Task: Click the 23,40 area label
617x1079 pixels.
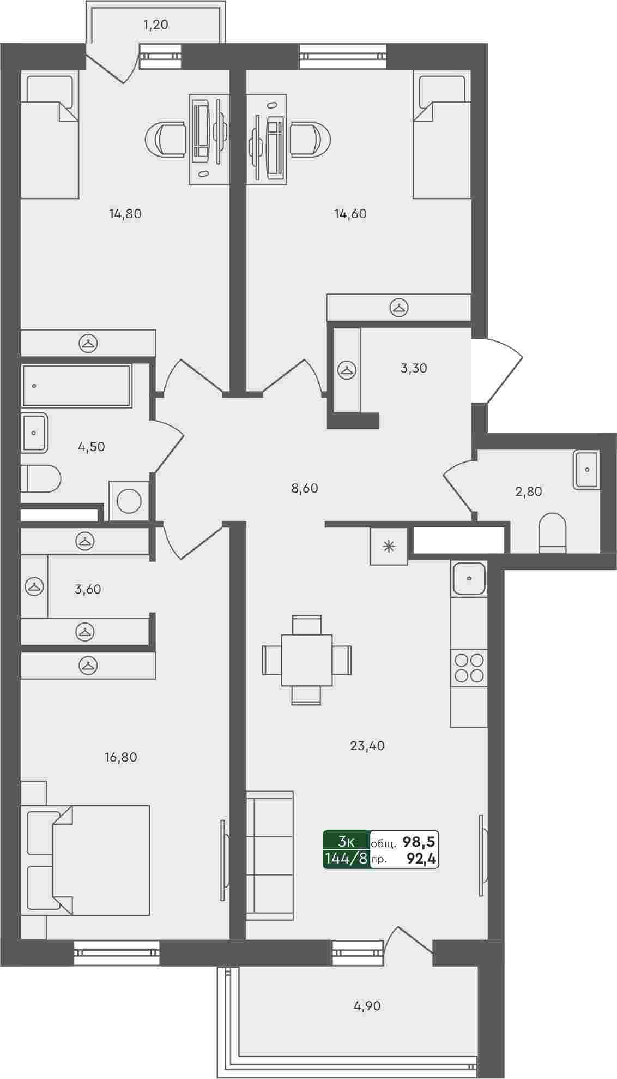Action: tap(367, 746)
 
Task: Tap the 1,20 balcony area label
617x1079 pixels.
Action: tap(156, 25)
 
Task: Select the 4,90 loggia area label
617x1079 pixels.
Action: tap(367, 1005)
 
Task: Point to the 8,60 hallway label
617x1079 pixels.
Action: tap(305, 488)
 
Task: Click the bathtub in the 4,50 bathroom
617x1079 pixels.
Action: tap(77, 386)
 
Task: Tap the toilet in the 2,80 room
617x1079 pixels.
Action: tap(553, 532)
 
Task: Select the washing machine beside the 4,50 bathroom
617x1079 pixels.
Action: tap(129, 501)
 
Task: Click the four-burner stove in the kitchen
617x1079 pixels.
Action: tap(469, 667)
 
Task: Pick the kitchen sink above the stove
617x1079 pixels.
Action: tap(469, 578)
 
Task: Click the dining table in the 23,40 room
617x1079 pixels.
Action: tap(307, 660)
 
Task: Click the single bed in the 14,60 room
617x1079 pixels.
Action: tap(441, 136)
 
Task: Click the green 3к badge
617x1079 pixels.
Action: tap(346, 841)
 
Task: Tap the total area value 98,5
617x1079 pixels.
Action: tap(419, 842)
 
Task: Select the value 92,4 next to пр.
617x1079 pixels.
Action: tap(421, 859)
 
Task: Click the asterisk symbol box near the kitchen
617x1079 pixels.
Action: tap(389, 546)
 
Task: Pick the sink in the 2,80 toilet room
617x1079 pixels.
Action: tap(586, 469)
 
